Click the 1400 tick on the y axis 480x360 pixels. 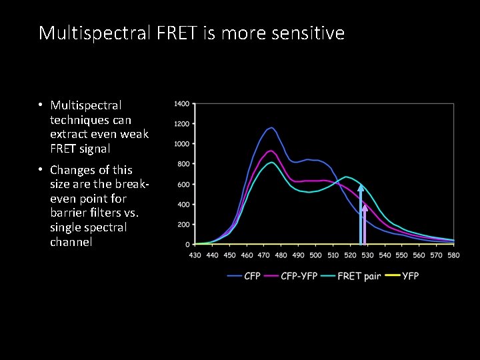[181, 104]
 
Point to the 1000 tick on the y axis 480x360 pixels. [181, 144]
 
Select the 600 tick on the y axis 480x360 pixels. [183, 184]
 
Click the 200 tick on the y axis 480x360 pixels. [183, 225]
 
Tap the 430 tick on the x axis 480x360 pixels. [195, 255]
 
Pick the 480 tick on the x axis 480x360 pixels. [281, 255]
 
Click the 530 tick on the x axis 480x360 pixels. [367, 255]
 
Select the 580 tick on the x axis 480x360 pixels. [454, 255]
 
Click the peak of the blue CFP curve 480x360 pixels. [271, 127]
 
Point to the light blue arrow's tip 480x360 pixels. [361, 187]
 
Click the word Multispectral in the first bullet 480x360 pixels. [85, 105]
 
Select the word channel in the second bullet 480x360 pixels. [71, 241]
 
